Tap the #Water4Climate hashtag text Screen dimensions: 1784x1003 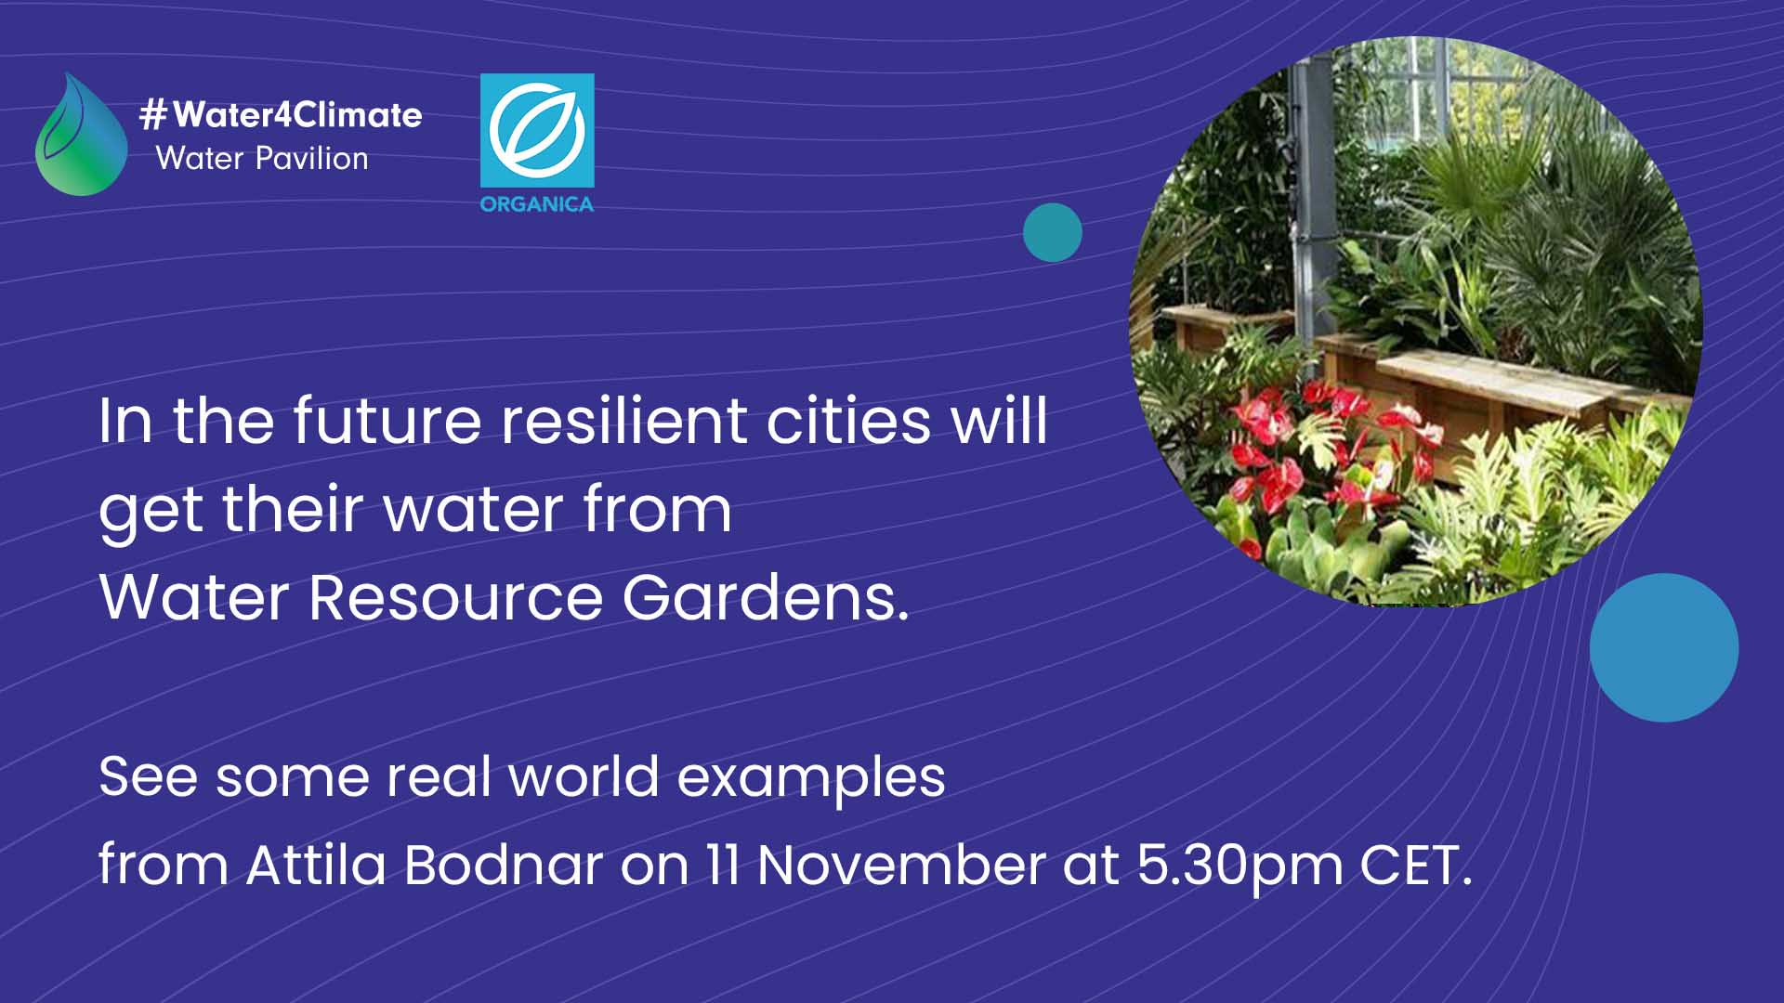point(281,115)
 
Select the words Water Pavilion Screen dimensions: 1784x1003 point(262,159)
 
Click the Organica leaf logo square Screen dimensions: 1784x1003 point(537,131)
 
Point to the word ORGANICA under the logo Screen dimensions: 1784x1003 point(537,204)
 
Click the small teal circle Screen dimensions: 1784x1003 point(1053,232)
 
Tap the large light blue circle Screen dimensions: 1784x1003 point(1664,647)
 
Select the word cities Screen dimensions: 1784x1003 point(848,421)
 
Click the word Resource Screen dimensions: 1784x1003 point(455,597)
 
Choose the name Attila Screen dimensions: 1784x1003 point(316,865)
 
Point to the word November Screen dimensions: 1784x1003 point(901,865)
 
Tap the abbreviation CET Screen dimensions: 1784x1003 point(1416,865)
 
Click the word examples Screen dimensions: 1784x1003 point(811,778)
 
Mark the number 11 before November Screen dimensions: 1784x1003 point(722,865)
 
